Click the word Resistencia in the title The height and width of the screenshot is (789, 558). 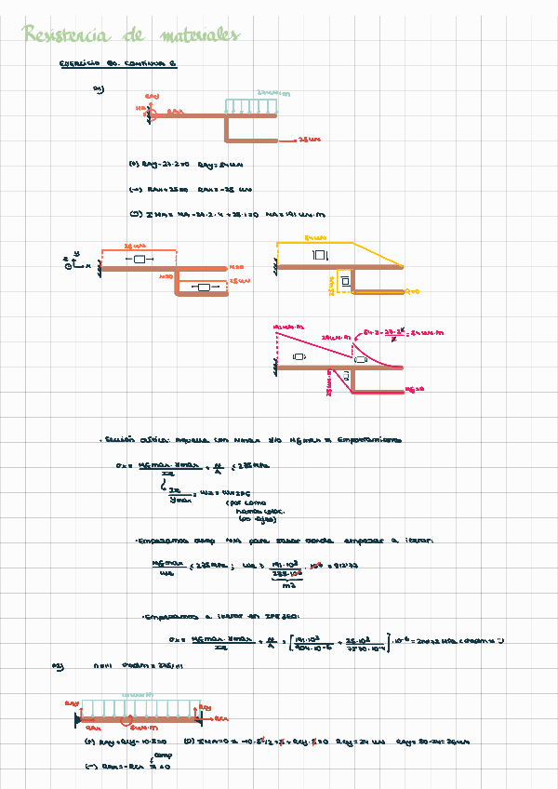pos(65,36)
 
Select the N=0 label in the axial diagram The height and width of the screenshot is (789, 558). pos(235,267)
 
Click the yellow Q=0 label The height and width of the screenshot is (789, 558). pos(414,291)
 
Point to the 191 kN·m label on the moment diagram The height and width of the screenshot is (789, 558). pos(284,327)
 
